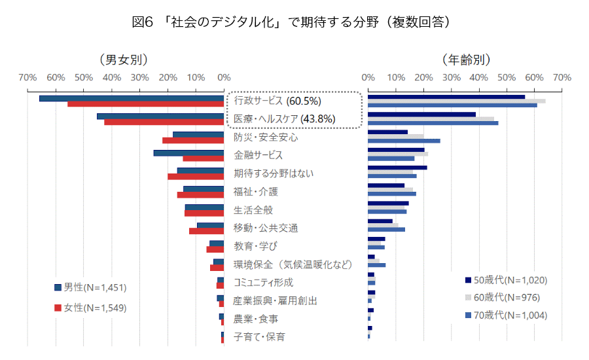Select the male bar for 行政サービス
(x=132, y=98)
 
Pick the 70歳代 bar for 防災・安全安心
(x=404, y=141)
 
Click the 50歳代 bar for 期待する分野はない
(x=397, y=168)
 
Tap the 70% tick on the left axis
(x=27, y=78)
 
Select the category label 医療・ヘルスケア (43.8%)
(x=285, y=119)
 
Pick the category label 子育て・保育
(x=259, y=336)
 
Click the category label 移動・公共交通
(x=266, y=228)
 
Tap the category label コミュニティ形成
(x=263, y=282)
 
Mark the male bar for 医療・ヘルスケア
(x=160, y=117)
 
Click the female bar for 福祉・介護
(x=200, y=195)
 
